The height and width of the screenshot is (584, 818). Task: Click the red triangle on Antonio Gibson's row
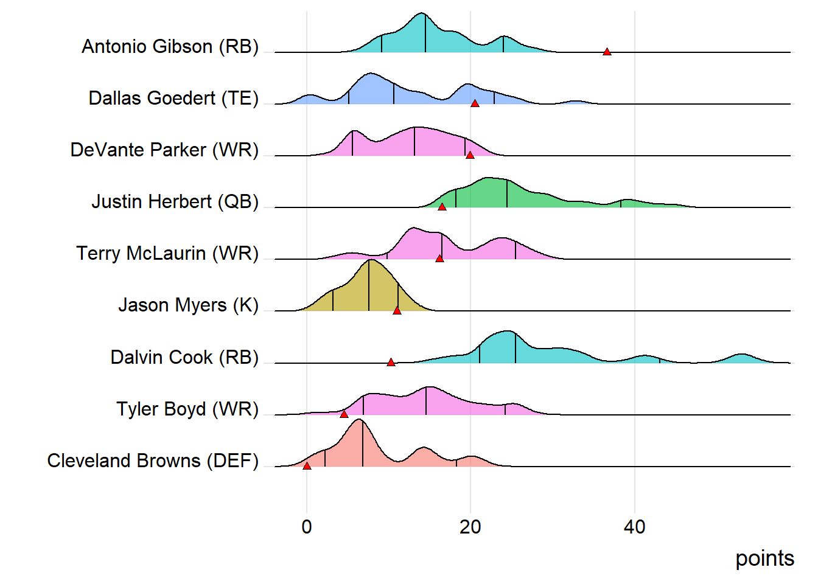(607, 52)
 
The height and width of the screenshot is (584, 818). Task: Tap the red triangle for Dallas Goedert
(475, 103)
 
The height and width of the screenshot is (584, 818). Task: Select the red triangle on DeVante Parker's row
(470, 155)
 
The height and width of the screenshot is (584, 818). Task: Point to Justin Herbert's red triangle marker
(442, 207)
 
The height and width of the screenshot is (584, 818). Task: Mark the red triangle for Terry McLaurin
(439, 259)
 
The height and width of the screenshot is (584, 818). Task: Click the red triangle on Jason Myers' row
(397, 310)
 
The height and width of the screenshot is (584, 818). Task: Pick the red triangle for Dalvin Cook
(391, 363)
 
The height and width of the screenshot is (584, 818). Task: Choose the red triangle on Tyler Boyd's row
(344, 414)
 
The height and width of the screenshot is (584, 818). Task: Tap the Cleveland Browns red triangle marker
(307, 466)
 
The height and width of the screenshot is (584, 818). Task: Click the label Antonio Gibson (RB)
(170, 46)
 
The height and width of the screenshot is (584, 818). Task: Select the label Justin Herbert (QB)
(175, 201)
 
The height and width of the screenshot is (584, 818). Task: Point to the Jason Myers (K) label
(189, 305)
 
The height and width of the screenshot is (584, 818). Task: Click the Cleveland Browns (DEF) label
(153, 461)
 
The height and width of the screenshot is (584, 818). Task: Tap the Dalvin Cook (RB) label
(184, 357)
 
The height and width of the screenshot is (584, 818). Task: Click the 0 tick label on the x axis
(307, 527)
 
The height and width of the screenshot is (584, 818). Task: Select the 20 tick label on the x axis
(470, 527)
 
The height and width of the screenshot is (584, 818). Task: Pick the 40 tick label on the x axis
(634, 527)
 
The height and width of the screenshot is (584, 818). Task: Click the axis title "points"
(764, 558)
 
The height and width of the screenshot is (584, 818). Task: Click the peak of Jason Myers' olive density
(369, 260)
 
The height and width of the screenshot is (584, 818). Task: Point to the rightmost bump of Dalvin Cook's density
(740, 355)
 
